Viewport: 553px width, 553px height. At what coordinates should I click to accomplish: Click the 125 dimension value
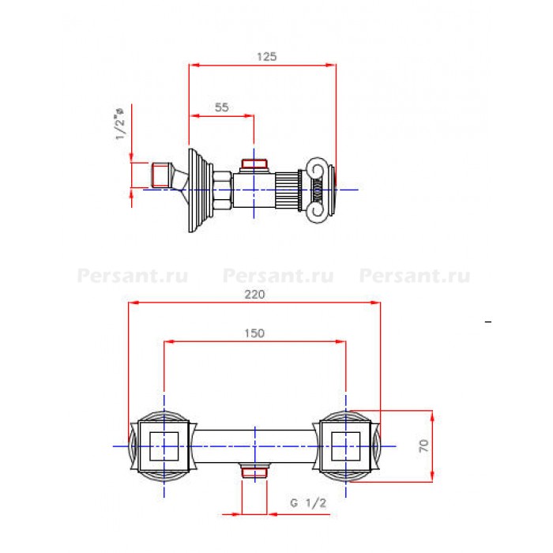click(267, 56)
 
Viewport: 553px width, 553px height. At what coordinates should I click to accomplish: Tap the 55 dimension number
click(221, 107)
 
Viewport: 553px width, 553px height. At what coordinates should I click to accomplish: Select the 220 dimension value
click(254, 294)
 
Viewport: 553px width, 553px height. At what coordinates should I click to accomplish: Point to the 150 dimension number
click(254, 333)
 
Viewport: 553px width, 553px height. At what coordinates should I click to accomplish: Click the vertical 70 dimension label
click(423, 446)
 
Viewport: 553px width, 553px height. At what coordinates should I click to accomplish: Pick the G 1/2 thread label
click(308, 503)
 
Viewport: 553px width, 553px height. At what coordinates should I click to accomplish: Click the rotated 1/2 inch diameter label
click(119, 124)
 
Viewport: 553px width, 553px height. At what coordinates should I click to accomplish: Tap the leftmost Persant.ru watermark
click(133, 276)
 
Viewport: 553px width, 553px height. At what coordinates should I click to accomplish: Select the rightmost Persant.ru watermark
click(415, 276)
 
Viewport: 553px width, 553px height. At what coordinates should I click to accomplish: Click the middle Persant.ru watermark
click(278, 276)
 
